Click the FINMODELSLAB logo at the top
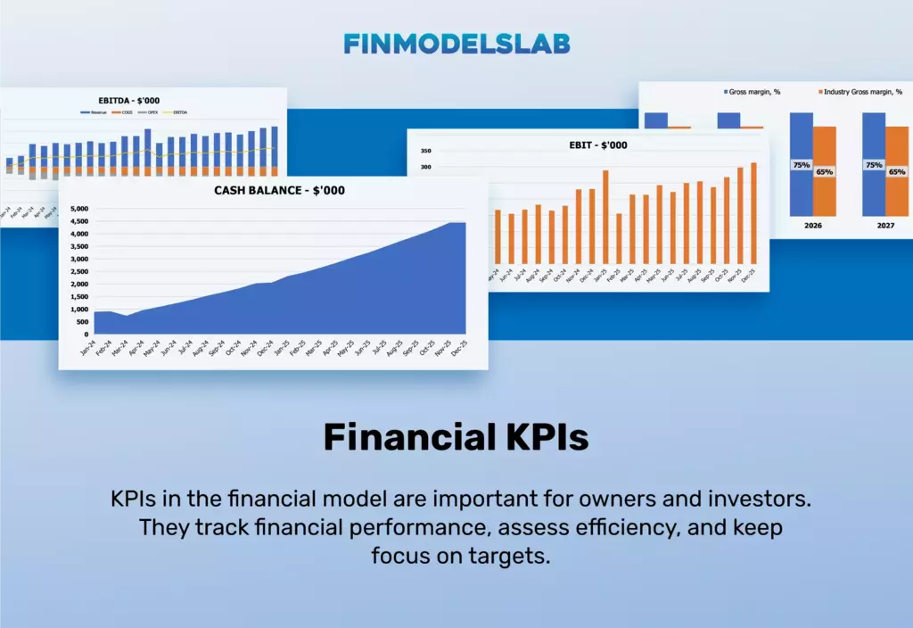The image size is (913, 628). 456,44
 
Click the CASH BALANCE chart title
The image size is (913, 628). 279,190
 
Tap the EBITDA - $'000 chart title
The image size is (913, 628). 129,101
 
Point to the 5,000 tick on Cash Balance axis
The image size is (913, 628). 79,209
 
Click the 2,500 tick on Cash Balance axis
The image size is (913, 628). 79,272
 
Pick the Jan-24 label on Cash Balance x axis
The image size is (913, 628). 87,347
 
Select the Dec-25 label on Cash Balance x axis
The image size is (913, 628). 456,347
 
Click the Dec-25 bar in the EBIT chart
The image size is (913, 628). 753,213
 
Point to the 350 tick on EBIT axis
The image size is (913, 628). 424,152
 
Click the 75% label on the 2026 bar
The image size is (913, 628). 801,165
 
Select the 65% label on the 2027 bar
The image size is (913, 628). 897,171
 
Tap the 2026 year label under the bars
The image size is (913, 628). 812,226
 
